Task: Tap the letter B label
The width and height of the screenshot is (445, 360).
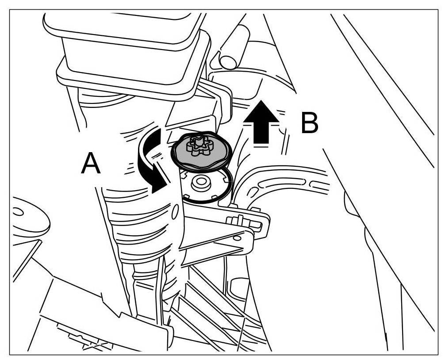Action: [x=309, y=123]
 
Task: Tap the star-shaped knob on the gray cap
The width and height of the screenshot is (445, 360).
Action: [x=198, y=146]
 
